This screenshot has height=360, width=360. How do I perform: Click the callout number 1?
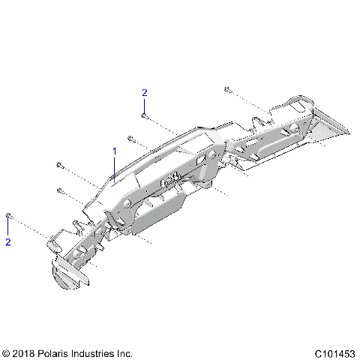[115, 151]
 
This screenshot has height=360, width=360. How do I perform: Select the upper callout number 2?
[145, 92]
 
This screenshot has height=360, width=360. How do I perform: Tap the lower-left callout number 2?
[8, 242]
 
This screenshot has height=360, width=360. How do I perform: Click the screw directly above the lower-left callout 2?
[8, 216]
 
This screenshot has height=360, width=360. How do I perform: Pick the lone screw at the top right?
[226, 89]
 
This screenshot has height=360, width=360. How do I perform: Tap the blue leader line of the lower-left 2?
[8, 228]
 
